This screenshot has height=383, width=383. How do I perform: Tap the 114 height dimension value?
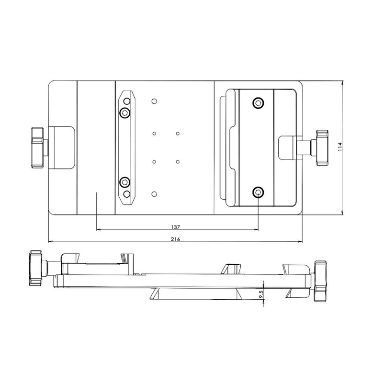pos(339,146)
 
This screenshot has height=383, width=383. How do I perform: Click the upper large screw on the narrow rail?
pos(125,113)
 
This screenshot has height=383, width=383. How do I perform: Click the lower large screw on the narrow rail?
pos(125,182)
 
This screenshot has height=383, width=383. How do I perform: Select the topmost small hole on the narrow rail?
pos(126,101)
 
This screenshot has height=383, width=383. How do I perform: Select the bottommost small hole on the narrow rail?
pos(126,193)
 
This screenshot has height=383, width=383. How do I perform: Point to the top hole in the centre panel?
pos(154,101)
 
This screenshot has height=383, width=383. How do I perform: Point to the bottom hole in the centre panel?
pos(154,193)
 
